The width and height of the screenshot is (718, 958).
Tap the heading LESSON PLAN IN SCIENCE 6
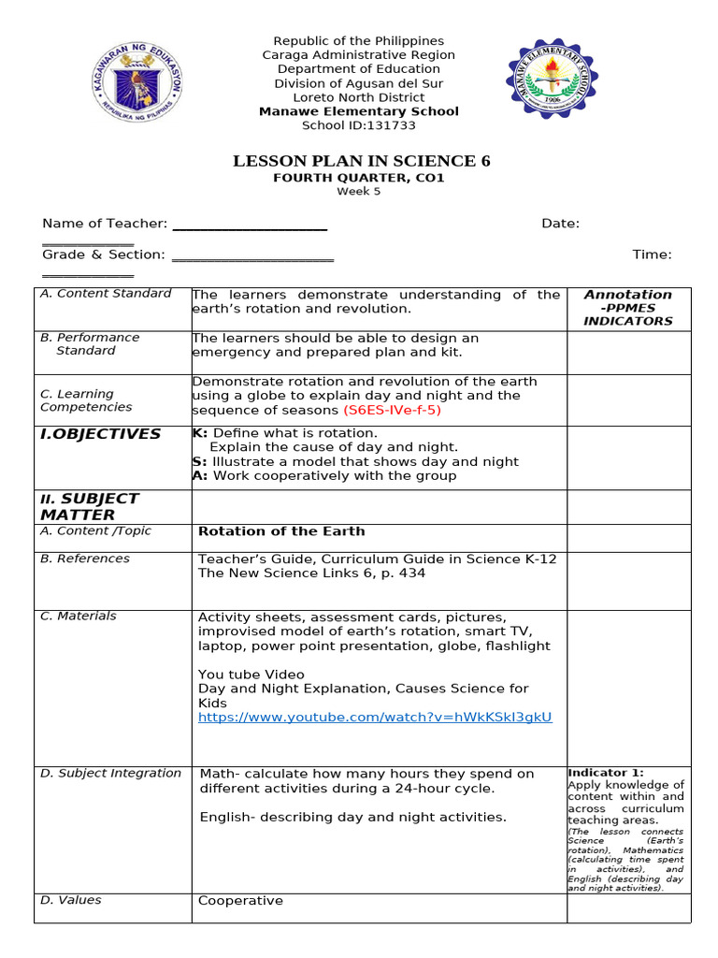pos(361,162)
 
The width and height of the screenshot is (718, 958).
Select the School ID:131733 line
pos(358,125)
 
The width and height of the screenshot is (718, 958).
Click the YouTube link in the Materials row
pos(375,717)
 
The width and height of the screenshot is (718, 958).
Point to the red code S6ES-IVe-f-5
pos(392,410)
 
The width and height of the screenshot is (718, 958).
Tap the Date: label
pos(560,224)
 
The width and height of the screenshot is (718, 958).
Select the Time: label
pos(652,254)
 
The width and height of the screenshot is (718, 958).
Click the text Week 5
pos(359,192)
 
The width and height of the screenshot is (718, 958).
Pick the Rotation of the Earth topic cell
pos(281,531)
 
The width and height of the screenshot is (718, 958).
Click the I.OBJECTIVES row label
pos(100,434)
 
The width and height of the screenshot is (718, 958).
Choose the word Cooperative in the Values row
pos(240,901)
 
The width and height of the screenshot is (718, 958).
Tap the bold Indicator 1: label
pos(605,773)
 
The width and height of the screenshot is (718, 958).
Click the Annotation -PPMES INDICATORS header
pos(627,308)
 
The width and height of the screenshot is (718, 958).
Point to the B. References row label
pos(85,559)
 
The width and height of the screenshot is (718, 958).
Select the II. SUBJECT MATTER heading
pos(90,506)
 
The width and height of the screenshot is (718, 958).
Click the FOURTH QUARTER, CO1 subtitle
pos(358,178)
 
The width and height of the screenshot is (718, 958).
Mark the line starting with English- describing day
pos(352,817)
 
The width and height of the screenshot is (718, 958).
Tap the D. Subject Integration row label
pos(110,773)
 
